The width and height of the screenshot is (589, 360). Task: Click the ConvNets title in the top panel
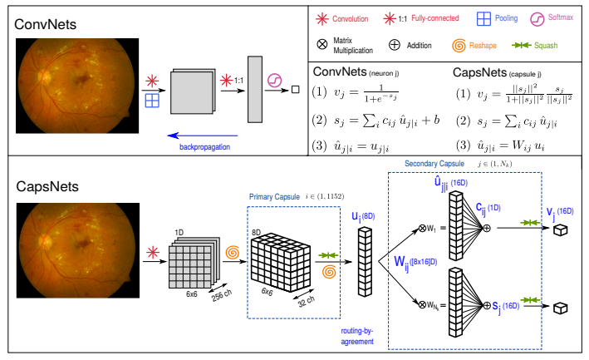(45, 24)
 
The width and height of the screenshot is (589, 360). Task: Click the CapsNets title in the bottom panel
(47, 186)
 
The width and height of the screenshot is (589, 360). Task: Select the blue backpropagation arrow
(203, 136)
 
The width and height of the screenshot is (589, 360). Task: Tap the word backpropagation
(204, 147)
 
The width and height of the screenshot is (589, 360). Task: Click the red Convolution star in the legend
(322, 19)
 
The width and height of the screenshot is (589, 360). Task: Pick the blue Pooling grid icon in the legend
(483, 18)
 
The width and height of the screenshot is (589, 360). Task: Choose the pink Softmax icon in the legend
(537, 19)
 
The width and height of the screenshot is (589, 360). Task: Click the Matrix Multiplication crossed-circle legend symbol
(322, 44)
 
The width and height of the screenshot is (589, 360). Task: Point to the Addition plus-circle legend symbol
(394, 45)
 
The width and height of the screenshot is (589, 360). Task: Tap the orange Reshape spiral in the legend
(459, 46)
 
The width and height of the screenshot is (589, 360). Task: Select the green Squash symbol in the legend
(522, 45)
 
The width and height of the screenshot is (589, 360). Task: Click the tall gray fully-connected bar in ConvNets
(255, 90)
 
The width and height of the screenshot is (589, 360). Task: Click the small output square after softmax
(296, 90)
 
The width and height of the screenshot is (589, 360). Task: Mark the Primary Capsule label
(274, 197)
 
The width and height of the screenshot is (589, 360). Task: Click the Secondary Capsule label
(434, 164)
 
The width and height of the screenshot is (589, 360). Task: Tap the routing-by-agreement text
(357, 337)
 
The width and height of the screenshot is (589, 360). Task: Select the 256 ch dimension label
(221, 295)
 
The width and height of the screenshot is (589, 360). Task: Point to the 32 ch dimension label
(307, 301)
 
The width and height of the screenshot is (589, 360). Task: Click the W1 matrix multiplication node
(422, 228)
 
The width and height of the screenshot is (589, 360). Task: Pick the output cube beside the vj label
(561, 229)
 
